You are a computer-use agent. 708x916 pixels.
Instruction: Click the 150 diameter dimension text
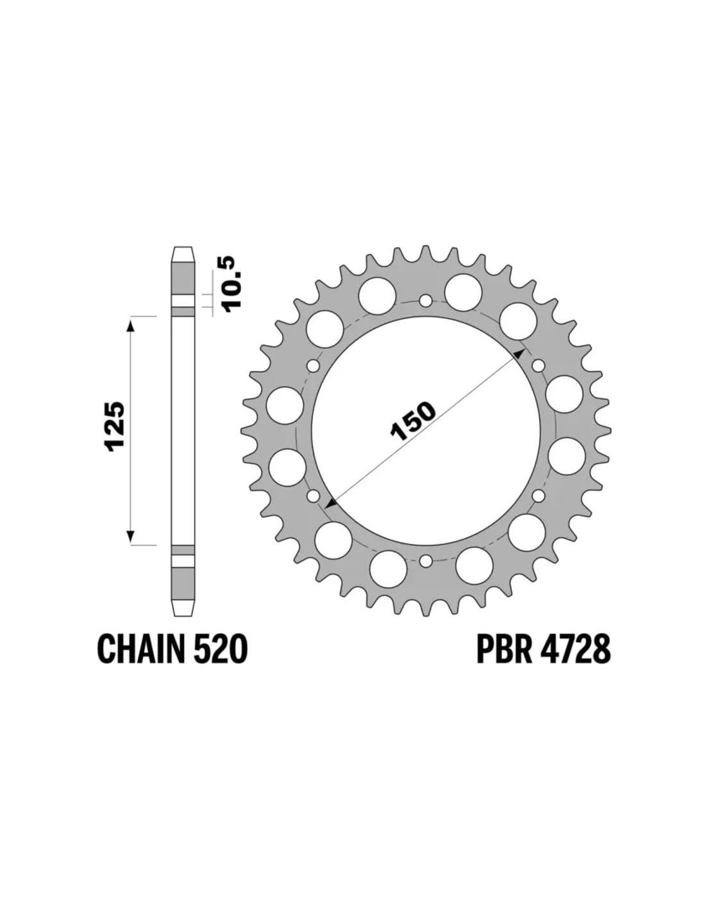coord(413,421)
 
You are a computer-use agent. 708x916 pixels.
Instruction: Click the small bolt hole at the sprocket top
coord(426,301)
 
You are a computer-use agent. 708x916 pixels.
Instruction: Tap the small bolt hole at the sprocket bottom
coord(426,561)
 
